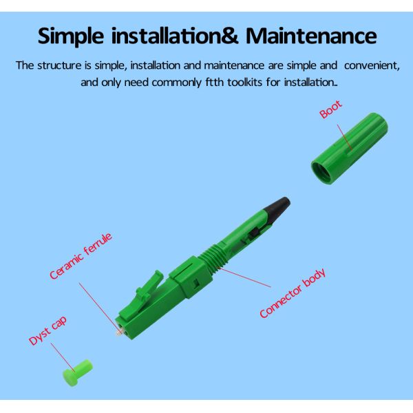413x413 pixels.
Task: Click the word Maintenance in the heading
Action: (311, 36)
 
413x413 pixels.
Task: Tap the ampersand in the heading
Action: (229, 36)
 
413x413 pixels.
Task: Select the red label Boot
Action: (330, 109)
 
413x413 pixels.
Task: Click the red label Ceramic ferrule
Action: (81, 256)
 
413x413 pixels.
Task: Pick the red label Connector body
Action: (293, 293)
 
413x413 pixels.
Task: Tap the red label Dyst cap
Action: (47, 330)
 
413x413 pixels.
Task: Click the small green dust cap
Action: (77, 372)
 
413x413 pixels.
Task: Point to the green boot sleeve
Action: (350, 148)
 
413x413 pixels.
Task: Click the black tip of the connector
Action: (277, 209)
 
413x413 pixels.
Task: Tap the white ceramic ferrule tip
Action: (119, 333)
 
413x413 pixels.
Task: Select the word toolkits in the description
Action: (244, 82)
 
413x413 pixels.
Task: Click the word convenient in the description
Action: (372, 65)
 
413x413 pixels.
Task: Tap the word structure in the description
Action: (59, 65)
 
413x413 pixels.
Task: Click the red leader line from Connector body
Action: (244, 277)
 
